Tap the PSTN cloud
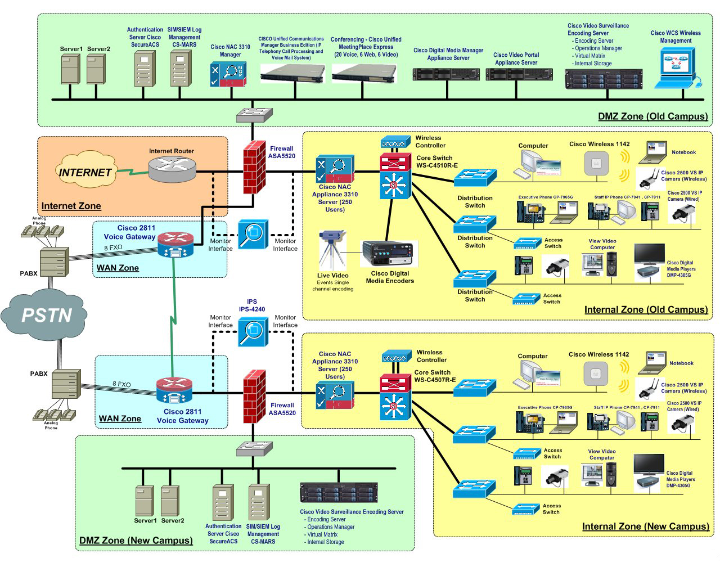[47, 314]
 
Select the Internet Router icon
[173, 168]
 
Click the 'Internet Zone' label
[71, 206]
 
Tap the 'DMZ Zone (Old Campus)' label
[652, 116]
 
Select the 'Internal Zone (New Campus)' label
[645, 526]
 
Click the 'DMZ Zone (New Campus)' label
[136, 541]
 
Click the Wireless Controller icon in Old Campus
[396, 142]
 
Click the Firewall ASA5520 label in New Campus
[282, 409]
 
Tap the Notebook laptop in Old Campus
[655, 154]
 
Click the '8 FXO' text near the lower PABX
[121, 385]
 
